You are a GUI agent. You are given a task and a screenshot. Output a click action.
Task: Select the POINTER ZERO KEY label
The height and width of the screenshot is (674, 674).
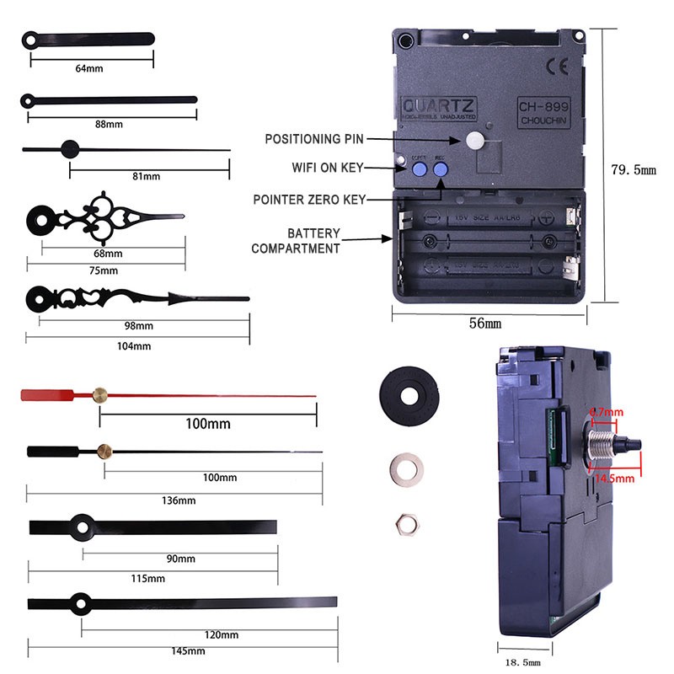[x=309, y=200]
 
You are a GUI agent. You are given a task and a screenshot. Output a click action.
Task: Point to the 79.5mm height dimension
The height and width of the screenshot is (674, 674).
[x=633, y=169]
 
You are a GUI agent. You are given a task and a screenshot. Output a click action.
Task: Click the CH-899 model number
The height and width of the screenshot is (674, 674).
[x=544, y=107]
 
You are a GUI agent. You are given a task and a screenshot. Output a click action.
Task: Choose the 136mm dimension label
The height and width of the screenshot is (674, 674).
[x=177, y=500]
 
